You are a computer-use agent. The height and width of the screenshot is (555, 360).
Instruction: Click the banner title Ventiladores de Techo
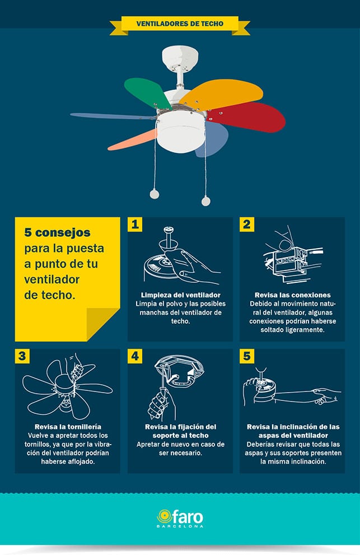click(180, 24)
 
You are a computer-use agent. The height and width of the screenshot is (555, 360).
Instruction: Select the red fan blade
click(248, 117)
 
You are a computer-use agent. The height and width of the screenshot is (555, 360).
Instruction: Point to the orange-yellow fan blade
click(222, 93)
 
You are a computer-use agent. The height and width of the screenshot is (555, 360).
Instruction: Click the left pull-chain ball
click(155, 194)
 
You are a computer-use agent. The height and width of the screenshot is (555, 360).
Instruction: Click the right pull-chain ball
click(205, 202)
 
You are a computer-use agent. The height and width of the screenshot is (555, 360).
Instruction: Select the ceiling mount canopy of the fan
click(180, 57)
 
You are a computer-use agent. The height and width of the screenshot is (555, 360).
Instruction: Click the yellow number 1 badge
click(135, 225)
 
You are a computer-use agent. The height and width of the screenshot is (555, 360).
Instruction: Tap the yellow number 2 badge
click(247, 225)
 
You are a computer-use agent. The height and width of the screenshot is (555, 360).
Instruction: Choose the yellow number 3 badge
click(22, 356)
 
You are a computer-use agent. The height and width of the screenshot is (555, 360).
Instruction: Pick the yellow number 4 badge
click(135, 356)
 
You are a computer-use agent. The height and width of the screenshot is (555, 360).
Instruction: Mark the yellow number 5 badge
click(247, 356)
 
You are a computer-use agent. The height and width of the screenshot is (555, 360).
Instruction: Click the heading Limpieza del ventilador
click(180, 295)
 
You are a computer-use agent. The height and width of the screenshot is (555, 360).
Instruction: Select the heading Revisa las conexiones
click(292, 295)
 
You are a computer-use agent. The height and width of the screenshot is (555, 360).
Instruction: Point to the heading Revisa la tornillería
click(68, 427)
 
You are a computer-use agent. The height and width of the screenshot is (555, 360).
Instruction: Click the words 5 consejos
click(57, 232)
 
